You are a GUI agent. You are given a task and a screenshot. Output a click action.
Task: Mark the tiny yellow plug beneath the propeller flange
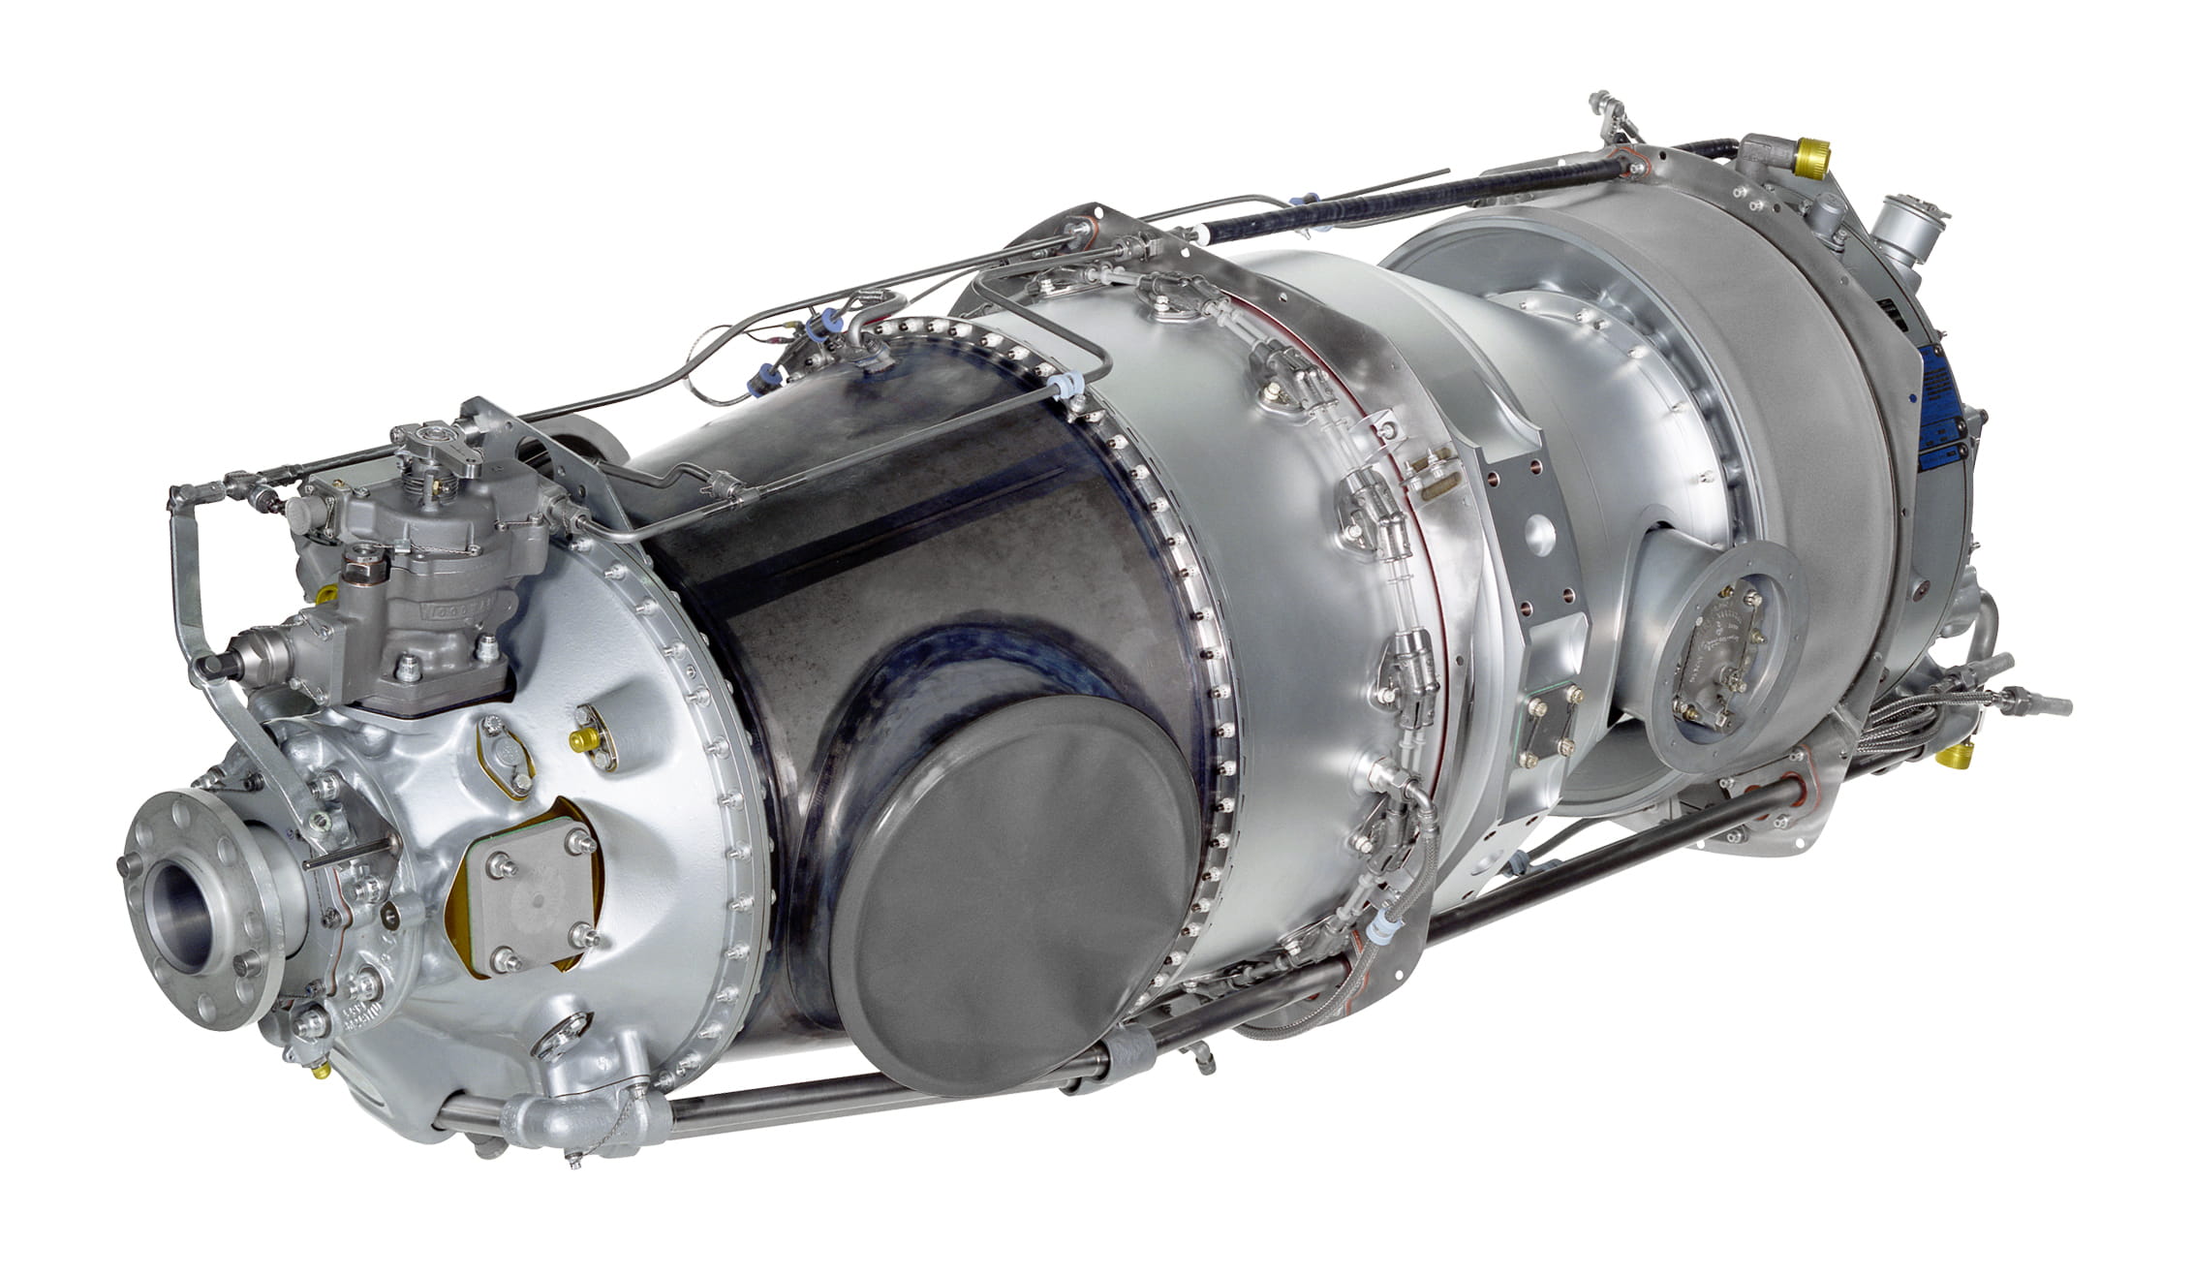319,1070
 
